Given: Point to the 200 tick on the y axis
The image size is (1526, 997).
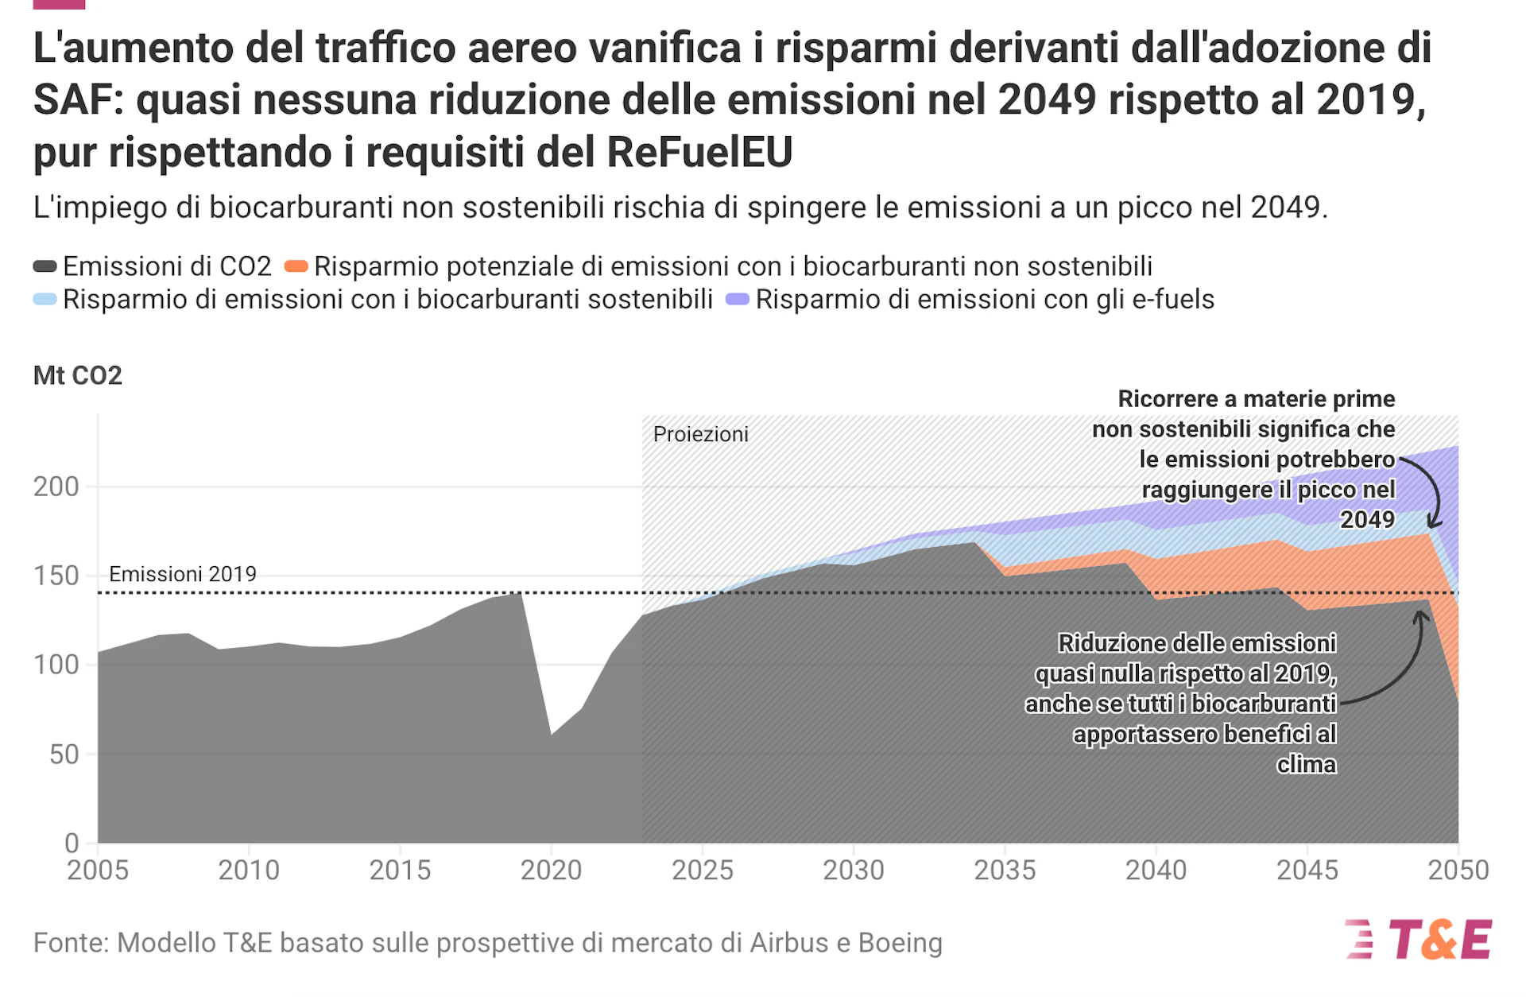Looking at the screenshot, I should (56, 487).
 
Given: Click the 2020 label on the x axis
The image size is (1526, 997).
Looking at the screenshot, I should (551, 871).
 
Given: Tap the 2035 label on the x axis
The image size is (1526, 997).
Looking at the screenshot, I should (1005, 871).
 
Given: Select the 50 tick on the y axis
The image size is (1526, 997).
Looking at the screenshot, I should (64, 755).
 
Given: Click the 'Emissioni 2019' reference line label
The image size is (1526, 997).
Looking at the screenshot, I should (183, 574).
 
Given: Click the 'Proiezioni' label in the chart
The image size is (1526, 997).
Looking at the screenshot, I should (700, 434).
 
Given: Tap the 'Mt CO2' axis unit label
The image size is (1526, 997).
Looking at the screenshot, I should (78, 375).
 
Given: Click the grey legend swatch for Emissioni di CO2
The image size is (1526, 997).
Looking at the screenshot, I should (45, 266).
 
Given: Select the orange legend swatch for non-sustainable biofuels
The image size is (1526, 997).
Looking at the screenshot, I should (296, 266).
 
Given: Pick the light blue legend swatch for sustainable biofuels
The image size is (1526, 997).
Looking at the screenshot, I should (45, 300).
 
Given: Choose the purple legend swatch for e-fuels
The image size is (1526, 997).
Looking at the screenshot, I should (738, 300).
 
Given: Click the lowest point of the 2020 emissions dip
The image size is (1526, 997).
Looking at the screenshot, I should (552, 733).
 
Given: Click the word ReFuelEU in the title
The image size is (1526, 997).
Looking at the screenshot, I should (699, 152).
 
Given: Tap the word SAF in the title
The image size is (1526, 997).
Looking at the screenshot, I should (77, 100).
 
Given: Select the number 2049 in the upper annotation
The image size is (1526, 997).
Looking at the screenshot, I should (1367, 519).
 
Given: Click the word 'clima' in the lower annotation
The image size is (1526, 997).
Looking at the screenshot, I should (1306, 764).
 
